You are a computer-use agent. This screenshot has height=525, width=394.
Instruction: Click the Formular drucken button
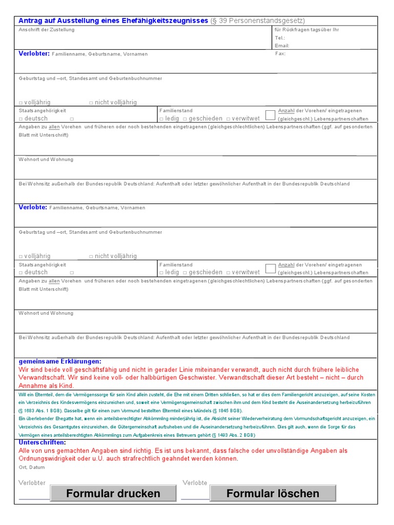[x=113, y=493]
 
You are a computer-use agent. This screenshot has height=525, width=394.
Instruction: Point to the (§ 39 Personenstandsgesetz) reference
[x=258, y=21]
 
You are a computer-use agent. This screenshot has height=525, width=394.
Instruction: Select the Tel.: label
[x=280, y=38]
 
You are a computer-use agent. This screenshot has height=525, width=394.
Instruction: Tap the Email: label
[x=282, y=46]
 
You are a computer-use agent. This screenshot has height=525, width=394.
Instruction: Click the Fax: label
[x=280, y=53]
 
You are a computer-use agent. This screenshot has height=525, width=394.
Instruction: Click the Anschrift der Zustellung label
[x=47, y=30]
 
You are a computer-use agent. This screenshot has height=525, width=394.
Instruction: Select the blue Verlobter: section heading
[x=34, y=53]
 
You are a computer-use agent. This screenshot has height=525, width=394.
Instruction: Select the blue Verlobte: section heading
[x=33, y=207]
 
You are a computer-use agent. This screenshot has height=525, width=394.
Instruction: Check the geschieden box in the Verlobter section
[x=185, y=119]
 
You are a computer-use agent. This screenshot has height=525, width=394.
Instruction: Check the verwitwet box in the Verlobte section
[x=228, y=273]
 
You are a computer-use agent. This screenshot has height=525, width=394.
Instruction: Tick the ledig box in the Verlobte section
[x=162, y=273]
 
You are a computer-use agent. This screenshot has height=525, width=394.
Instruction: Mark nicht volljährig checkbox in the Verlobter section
[x=91, y=103]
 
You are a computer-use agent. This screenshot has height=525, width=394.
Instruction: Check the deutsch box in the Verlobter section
[x=21, y=119]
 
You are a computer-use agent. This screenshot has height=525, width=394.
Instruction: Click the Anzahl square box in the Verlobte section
[x=270, y=268]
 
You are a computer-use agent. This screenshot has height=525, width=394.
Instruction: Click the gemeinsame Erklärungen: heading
[x=60, y=361]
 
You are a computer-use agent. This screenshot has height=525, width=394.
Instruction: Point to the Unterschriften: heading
[x=42, y=442]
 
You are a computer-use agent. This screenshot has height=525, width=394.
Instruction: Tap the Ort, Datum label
[x=32, y=467]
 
